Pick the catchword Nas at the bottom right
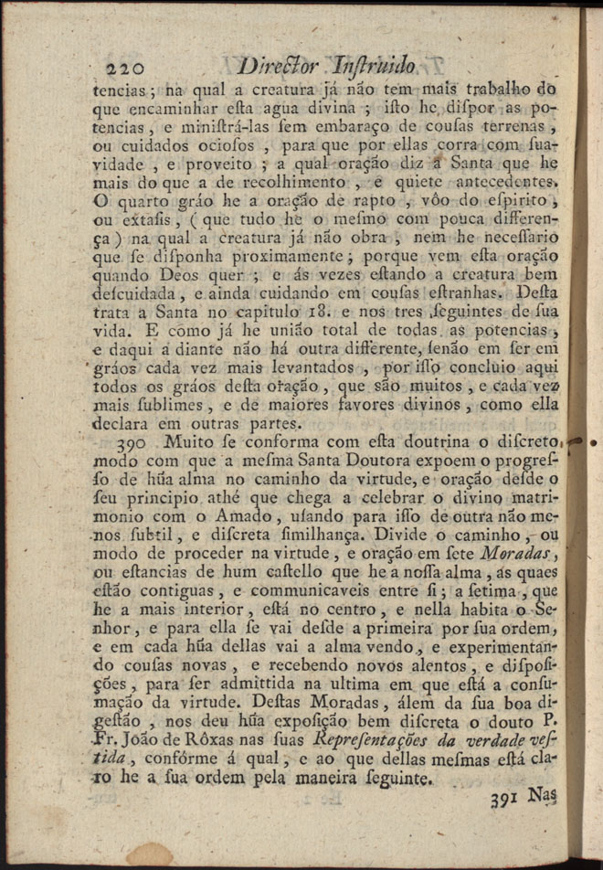[x=547, y=794]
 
